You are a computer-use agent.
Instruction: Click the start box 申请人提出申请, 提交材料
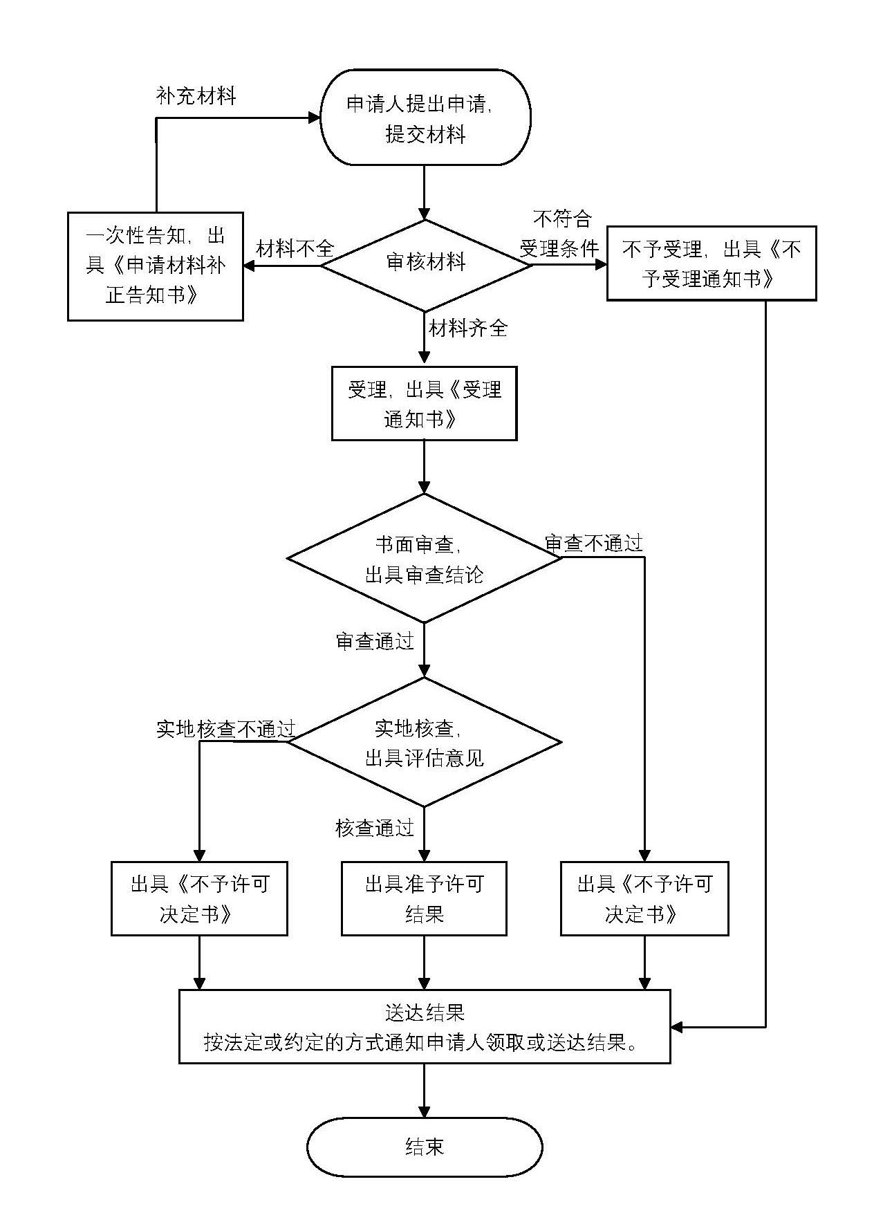coord(425,118)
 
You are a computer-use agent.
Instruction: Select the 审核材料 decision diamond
coord(425,263)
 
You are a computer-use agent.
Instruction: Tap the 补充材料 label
coord(196,95)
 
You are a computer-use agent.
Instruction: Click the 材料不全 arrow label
coord(295,248)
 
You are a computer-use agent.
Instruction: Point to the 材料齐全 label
coord(468,328)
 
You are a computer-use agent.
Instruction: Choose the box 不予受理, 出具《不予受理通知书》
coord(711,263)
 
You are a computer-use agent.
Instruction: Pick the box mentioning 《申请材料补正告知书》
coord(156,266)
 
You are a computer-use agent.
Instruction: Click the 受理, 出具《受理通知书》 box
coord(424,403)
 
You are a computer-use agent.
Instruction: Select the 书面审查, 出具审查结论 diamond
coord(424,559)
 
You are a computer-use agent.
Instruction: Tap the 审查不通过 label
coord(594,544)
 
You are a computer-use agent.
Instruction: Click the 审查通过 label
coord(375,642)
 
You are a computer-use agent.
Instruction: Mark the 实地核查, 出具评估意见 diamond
coord(424,743)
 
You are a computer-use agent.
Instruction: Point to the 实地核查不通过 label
coord(225,729)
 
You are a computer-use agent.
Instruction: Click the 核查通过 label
coord(375,828)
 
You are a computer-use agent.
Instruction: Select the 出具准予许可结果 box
coord(424,898)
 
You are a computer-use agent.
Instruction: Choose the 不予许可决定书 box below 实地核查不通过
coord(199,898)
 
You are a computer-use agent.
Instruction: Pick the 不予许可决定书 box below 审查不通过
coord(644,898)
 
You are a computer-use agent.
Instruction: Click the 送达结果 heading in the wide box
coord(424,1012)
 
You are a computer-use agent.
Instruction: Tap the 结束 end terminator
coord(424,1147)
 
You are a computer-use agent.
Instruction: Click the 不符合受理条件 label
coord(561,234)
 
